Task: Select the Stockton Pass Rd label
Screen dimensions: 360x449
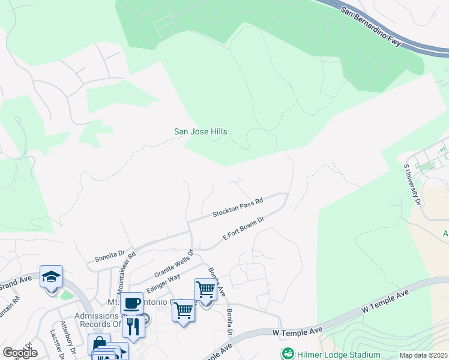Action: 238,209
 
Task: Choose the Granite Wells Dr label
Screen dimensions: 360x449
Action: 175,262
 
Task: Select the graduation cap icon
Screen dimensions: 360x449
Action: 52,277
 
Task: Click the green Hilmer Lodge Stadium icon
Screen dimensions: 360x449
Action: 288,353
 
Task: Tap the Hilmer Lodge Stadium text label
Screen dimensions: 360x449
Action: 340,354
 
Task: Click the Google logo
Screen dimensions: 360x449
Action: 20,353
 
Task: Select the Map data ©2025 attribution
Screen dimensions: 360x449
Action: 423,355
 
